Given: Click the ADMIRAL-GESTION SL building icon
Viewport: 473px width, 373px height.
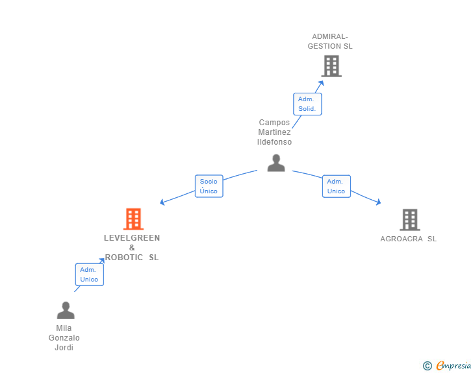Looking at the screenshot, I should (x=331, y=66).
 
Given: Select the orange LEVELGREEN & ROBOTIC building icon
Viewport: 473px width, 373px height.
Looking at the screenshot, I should (x=133, y=219).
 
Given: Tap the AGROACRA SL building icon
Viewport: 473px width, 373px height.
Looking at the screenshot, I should (x=409, y=220).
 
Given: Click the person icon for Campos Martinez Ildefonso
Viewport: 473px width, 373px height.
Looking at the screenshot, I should (x=276, y=163).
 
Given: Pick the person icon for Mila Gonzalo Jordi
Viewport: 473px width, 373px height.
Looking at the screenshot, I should (x=65, y=311).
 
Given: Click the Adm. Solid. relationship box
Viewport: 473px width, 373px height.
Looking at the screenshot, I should (x=307, y=104).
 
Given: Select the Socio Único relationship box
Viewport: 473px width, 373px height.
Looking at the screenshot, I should (x=209, y=186).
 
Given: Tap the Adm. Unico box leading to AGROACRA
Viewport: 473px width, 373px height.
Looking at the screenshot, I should (x=336, y=186).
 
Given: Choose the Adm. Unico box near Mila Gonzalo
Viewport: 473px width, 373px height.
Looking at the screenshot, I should (x=89, y=274).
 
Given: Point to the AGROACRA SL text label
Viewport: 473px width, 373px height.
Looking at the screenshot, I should (x=408, y=239).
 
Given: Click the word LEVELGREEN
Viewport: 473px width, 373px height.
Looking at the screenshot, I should (x=132, y=238).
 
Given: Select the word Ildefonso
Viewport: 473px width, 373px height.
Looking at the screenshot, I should (x=274, y=142).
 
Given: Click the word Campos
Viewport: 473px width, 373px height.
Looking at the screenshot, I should (x=274, y=123).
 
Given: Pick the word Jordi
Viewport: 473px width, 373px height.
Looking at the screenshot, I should (x=64, y=348).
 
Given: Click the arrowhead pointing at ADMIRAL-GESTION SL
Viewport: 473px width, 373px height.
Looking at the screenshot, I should (x=321, y=83).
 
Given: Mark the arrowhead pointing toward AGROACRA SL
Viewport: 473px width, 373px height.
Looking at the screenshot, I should (x=378, y=203).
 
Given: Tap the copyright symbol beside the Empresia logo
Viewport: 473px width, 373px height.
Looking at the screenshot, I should (x=428, y=366).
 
